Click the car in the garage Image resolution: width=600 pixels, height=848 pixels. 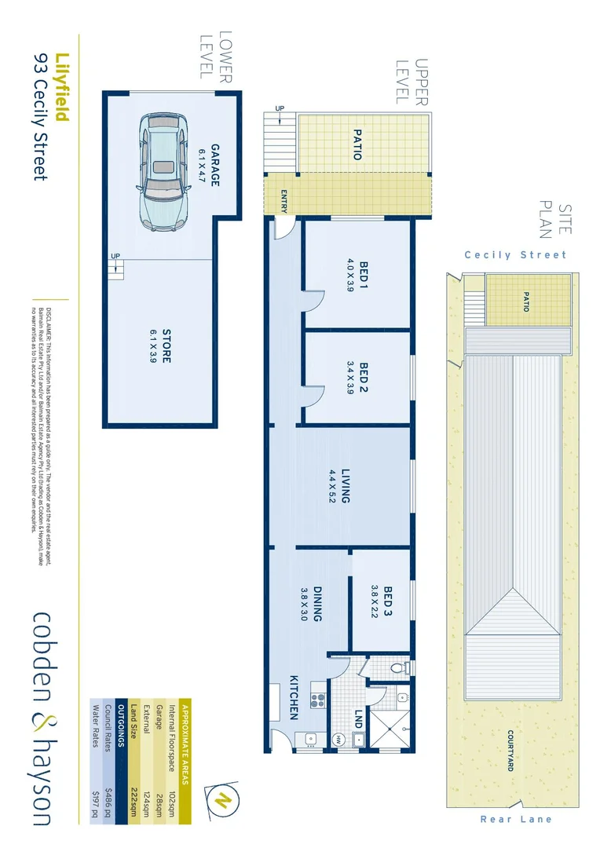coord(163,173)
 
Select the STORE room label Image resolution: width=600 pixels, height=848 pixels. coord(166,345)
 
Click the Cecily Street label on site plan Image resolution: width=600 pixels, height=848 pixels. coord(514,255)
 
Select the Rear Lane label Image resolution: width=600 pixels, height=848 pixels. coord(516,820)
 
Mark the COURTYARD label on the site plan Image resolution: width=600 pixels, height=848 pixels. coord(510,751)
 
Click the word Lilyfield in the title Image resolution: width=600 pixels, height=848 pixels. coord(63,87)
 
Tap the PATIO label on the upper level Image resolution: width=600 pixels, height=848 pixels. coord(357,144)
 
